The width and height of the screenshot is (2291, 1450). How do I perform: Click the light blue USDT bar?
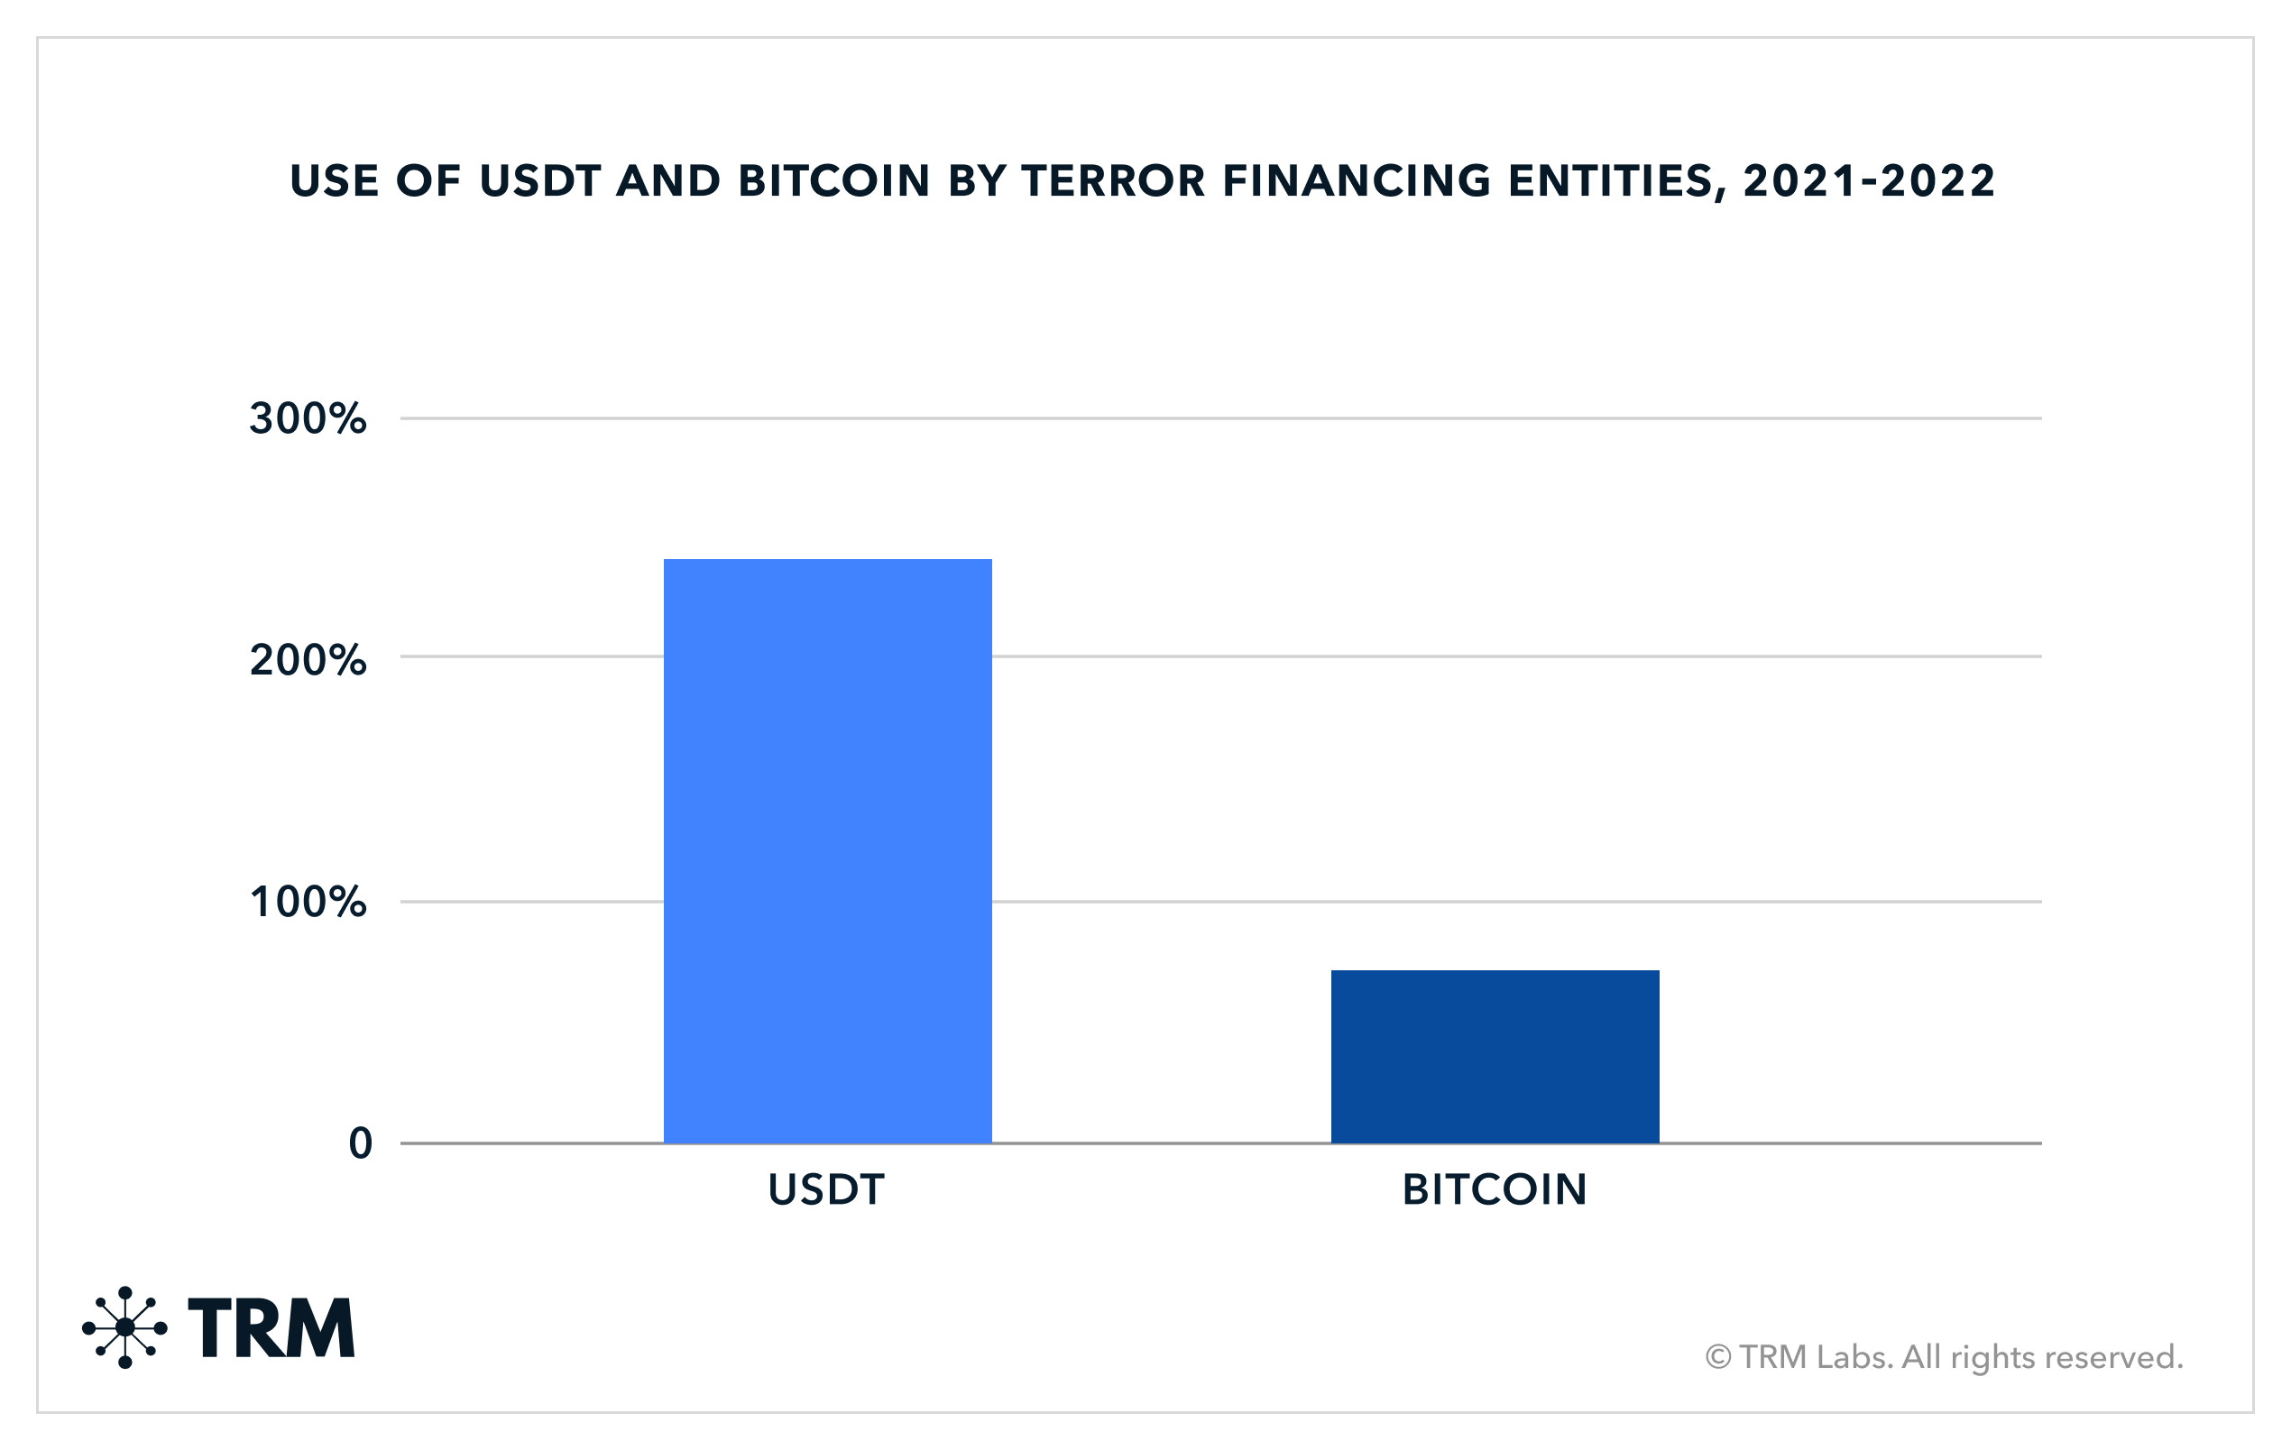click(827, 850)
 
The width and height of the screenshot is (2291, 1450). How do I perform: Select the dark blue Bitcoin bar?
click(1495, 1056)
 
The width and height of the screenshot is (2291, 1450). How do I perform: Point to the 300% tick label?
click(308, 418)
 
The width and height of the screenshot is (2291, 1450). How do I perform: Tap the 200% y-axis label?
click(308, 660)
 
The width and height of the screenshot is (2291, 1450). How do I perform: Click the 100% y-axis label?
click(308, 902)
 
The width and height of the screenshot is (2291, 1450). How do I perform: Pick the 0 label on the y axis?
click(360, 1143)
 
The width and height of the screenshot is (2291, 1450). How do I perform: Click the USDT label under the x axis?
click(826, 1190)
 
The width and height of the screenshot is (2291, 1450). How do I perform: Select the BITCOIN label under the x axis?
click(1495, 1190)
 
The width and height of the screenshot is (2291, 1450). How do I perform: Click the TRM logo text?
click(271, 1328)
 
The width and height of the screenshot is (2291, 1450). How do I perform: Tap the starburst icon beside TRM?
click(124, 1327)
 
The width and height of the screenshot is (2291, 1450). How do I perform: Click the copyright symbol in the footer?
click(1717, 1357)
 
